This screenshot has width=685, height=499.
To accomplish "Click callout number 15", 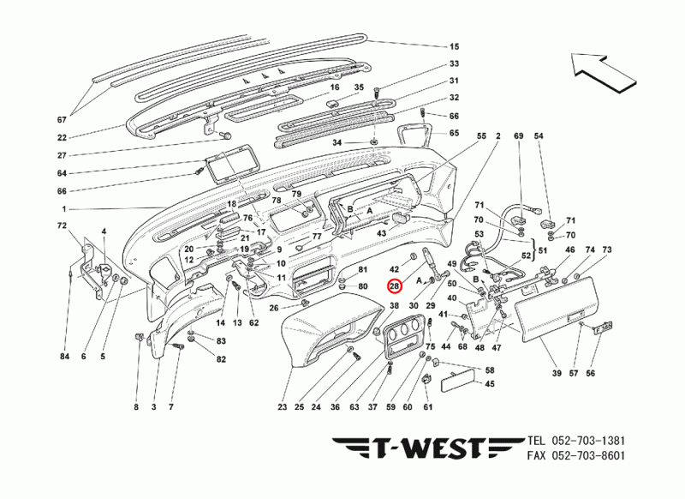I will point(455,45).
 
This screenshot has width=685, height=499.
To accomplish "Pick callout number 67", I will point(62,118).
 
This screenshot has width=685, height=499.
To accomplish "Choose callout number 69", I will point(517,137).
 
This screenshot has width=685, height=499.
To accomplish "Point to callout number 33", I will point(455,64).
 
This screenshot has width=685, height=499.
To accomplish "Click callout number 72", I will point(62,225).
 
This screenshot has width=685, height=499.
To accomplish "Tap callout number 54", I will point(539,137).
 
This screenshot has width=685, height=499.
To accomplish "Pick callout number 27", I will point(62,155).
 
